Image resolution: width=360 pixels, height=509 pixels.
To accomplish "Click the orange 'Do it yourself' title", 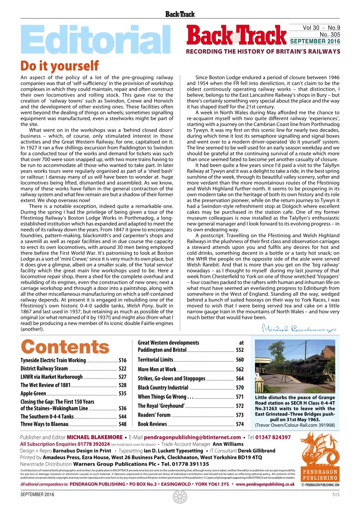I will (59, 66).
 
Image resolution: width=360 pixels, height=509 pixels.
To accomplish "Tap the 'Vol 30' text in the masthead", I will (311, 28).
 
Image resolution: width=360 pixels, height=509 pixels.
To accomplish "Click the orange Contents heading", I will (65, 346).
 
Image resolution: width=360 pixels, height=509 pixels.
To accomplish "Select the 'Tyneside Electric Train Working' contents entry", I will (53, 360).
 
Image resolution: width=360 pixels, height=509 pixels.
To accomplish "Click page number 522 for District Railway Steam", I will (123, 369).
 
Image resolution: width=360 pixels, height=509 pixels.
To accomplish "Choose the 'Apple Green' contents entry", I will (33, 394).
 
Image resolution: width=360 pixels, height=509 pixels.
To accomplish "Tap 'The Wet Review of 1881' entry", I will (45, 385).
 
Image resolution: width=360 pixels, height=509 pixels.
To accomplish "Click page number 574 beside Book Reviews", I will (239, 424).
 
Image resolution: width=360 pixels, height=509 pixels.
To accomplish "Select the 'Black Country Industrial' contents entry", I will (163, 388).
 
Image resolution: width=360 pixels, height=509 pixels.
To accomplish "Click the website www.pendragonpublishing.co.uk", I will (265, 484).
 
